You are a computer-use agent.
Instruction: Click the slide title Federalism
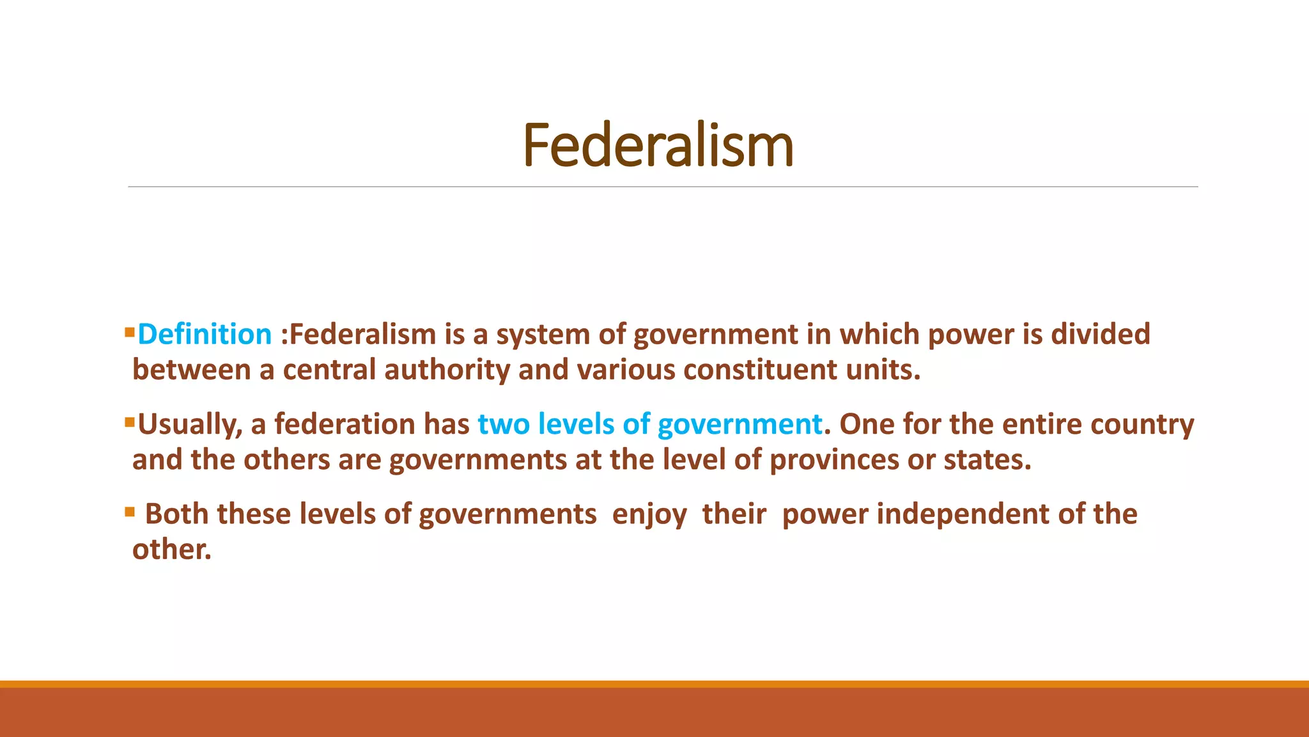click(x=658, y=146)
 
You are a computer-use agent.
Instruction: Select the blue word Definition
click(x=205, y=335)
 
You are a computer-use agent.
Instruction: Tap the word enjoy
click(x=649, y=514)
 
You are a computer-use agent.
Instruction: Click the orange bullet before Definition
click(x=130, y=331)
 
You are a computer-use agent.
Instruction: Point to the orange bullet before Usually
click(x=130, y=422)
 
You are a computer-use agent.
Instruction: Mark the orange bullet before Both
click(x=130, y=511)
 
